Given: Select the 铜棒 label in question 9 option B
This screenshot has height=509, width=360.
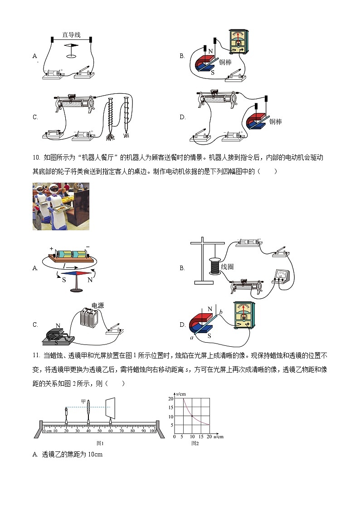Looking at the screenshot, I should pyautogui.click(x=225, y=62).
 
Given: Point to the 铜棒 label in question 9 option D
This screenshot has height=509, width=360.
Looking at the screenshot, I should pyautogui.click(x=275, y=121).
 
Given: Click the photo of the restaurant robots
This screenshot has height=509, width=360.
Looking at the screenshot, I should pyautogui.click(x=61, y=206).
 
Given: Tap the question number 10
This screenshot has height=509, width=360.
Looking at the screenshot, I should pyautogui.click(x=37, y=158).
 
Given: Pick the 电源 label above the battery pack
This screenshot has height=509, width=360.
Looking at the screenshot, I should pyautogui.click(x=97, y=305).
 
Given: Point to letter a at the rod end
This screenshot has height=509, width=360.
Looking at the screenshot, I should pyautogui.click(x=192, y=339).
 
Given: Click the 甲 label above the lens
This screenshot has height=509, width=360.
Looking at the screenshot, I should pyautogui.click(x=83, y=401).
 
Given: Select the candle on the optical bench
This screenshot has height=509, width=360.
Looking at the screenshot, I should pyautogui.click(x=67, y=414).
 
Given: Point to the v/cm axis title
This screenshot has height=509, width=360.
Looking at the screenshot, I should pyautogui.click(x=182, y=393).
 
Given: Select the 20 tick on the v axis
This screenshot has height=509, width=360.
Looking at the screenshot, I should pyautogui.click(x=171, y=398).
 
